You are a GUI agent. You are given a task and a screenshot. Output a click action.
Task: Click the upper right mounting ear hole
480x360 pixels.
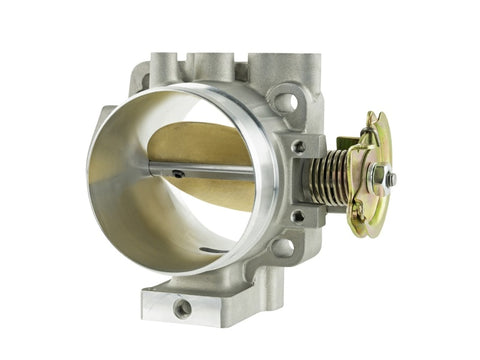(x=287, y=102)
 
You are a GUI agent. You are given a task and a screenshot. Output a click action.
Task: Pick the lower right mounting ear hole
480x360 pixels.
(x=283, y=247)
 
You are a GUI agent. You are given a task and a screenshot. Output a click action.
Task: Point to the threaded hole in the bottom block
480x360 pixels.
(x=183, y=309)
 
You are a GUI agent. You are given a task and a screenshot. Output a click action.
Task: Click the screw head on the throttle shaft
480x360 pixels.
(x=177, y=173)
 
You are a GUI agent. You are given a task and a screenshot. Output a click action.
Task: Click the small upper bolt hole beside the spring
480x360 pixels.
(x=299, y=146)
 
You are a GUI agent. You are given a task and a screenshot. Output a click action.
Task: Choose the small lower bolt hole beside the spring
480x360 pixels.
(x=297, y=214)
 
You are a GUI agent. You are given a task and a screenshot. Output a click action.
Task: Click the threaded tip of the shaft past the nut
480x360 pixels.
(x=391, y=181)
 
